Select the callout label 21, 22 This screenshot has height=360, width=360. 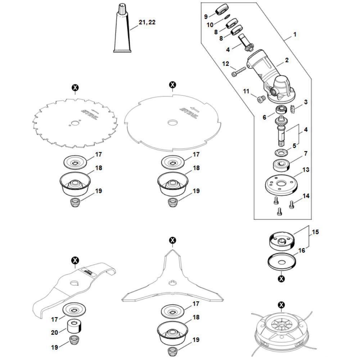tap(147, 22)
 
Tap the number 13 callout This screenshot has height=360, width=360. tap(306, 170)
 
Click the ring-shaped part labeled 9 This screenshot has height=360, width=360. tap(221, 10)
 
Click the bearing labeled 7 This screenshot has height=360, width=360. tap(281, 166)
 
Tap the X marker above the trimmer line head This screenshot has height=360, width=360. tap(281, 305)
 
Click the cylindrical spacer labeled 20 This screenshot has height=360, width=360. tap(75, 327)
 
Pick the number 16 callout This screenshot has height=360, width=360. tap(301, 250)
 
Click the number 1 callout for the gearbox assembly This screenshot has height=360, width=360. tap(295, 35)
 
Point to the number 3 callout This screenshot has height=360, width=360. tap(306, 102)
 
